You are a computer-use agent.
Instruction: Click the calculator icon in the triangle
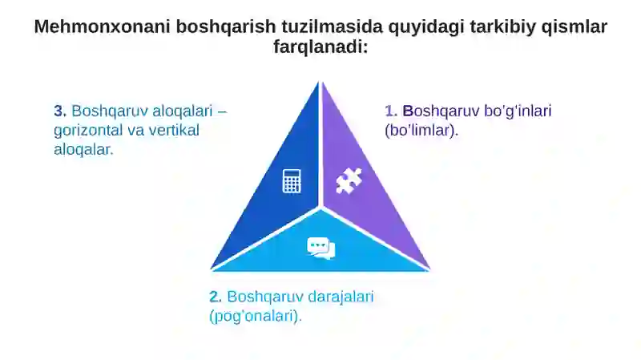tap(292, 181)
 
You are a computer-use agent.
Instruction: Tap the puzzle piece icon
tap(349, 180)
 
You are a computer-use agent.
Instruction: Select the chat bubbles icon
tap(321, 249)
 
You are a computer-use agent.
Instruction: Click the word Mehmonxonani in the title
tap(103, 26)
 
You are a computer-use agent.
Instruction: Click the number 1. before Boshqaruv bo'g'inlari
tap(391, 111)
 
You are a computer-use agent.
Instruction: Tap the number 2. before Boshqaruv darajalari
tap(216, 297)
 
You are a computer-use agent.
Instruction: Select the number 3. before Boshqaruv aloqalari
tap(60, 111)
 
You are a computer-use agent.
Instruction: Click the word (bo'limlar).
tap(421, 130)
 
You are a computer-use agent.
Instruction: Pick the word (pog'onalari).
tap(256, 316)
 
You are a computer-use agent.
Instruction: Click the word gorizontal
tap(88, 131)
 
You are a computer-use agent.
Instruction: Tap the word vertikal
tap(174, 130)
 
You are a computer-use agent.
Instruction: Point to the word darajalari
tap(341, 297)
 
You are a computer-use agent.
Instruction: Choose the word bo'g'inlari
tap(518, 111)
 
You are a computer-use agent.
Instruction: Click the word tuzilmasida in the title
tap(332, 26)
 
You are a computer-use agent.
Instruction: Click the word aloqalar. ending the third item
tap(83, 150)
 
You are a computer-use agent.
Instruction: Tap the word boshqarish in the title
tap(226, 27)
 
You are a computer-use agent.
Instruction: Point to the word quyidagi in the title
tap(426, 27)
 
